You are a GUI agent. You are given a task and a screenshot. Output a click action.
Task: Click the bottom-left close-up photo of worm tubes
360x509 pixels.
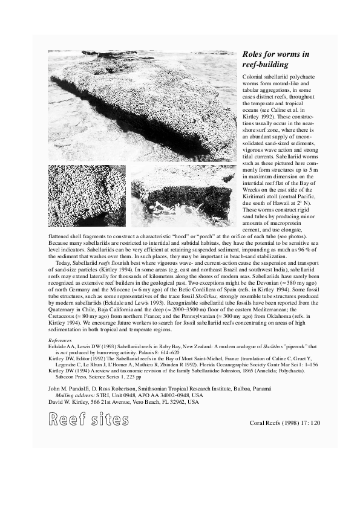click(x=87, y=195)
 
